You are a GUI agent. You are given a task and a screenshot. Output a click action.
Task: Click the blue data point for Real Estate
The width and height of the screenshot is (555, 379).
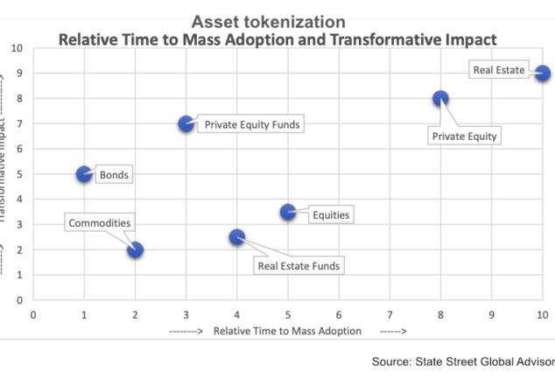542,74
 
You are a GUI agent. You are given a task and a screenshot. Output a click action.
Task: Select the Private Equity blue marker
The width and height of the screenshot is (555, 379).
440,99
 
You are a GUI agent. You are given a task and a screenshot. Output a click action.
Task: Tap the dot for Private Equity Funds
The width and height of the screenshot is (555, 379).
186,124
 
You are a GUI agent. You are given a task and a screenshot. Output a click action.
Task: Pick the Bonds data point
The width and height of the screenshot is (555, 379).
84,174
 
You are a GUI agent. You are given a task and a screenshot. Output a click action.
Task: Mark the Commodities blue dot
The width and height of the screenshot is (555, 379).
135,249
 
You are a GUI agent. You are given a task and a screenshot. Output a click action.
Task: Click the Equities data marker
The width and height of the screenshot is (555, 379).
288,212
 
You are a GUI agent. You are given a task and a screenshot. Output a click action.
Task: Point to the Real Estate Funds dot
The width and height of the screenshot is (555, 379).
236,237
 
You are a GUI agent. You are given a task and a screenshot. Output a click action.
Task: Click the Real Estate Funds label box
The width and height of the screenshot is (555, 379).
299,265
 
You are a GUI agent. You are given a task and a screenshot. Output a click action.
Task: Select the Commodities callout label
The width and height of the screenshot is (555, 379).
101,223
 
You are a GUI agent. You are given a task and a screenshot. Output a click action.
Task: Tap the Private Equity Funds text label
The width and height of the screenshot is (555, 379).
252,124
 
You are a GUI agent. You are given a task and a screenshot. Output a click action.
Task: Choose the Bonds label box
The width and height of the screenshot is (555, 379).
114,175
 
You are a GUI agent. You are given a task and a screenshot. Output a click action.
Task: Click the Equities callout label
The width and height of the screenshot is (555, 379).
331,214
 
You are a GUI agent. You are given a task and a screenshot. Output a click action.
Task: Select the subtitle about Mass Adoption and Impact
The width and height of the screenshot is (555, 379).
277,39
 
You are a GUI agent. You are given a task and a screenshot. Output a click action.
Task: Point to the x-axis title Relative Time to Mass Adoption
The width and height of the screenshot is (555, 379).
287,331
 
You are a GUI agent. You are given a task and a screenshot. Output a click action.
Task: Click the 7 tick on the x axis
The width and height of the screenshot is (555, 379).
390,313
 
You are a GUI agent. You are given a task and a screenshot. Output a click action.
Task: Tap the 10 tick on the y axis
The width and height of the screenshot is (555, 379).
17,48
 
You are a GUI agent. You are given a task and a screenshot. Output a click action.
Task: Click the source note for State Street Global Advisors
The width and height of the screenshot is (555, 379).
463,360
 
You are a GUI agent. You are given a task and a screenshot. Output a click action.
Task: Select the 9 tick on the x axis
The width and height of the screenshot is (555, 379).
491,313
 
